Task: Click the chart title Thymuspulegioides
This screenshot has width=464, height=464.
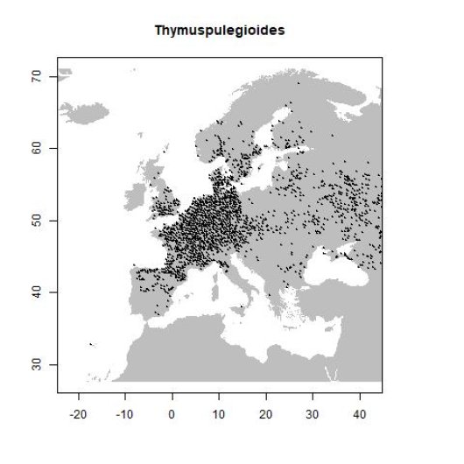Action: tap(220, 31)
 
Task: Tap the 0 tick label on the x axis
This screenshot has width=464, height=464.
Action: tap(172, 409)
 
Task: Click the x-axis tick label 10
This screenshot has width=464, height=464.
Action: tap(219, 409)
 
